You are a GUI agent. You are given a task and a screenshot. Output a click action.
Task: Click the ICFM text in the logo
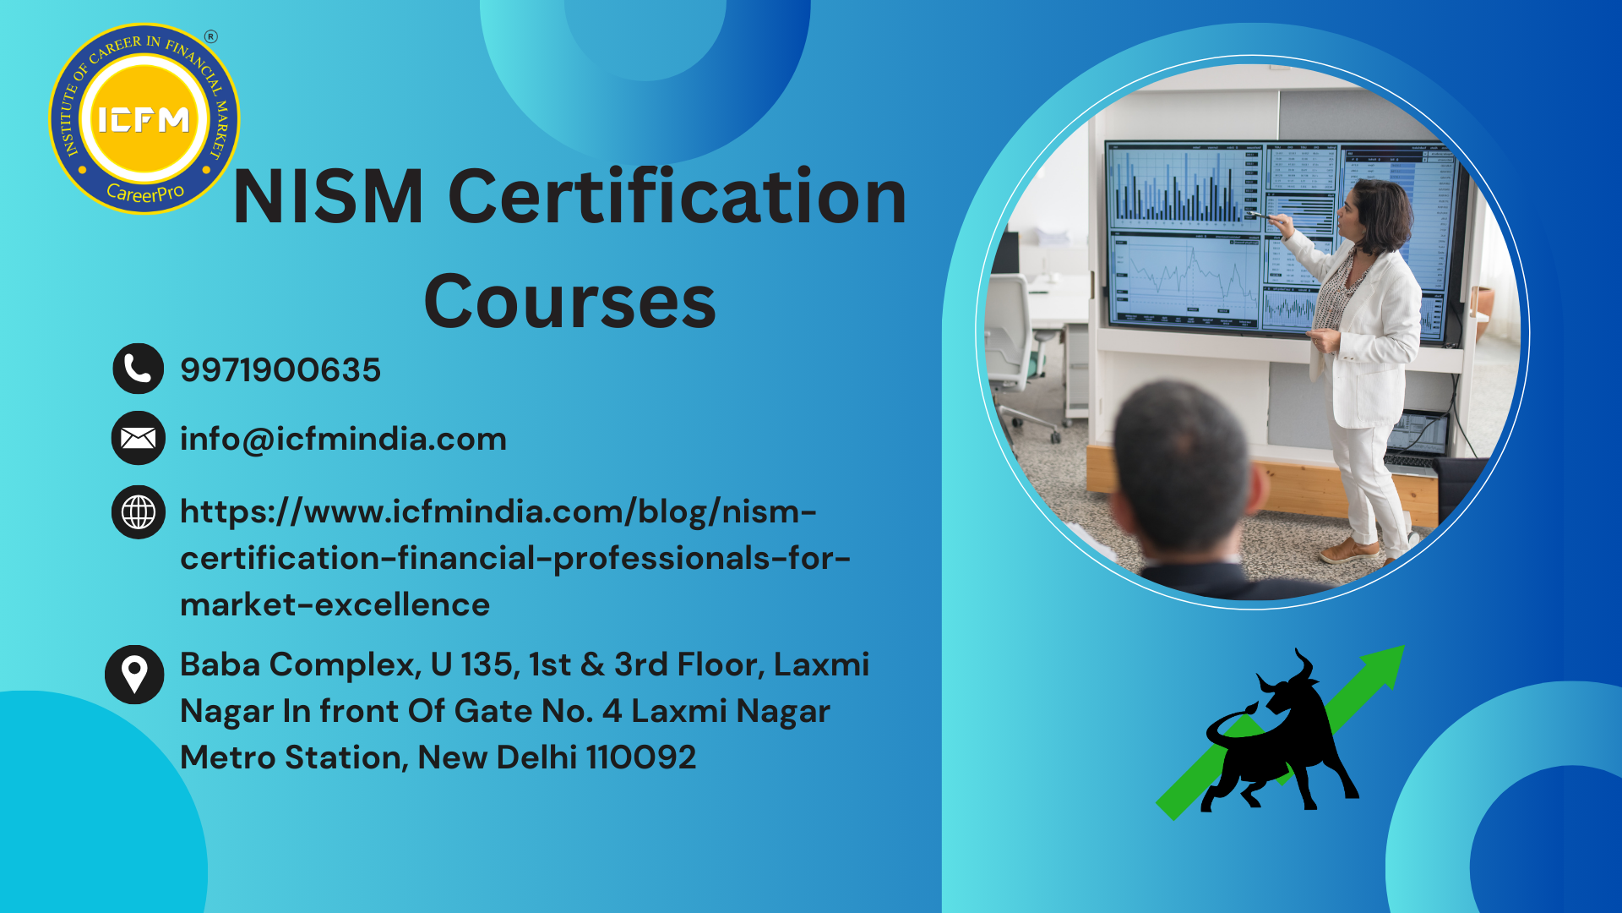tap(144, 120)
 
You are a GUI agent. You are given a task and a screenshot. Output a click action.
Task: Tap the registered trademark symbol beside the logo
tap(211, 36)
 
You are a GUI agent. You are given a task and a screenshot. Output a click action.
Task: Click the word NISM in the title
tap(328, 197)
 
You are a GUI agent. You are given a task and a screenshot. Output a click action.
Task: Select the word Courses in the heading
tap(569, 303)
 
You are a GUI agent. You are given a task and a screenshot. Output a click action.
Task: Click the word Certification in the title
tap(678, 197)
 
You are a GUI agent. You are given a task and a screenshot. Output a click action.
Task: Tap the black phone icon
tap(138, 369)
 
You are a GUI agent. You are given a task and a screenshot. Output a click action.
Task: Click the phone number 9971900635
tap(280, 370)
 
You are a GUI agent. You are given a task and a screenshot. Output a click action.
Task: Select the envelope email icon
tap(138, 438)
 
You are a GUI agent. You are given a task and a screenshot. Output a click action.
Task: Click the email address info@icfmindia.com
tap(343, 440)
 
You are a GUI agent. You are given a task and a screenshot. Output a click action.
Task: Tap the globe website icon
tap(138, 511)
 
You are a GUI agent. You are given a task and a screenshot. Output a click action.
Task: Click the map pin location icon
tap(134, 675)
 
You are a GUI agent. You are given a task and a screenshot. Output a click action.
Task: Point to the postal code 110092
tap(641, 757)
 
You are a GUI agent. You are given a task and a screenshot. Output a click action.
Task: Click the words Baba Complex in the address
tap(300, 665)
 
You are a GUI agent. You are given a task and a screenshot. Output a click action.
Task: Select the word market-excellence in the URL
tap(335, 604)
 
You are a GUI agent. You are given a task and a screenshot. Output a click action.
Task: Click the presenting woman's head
tap(1375, 216)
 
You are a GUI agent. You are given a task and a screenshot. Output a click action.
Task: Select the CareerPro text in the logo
tap(145, 193)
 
